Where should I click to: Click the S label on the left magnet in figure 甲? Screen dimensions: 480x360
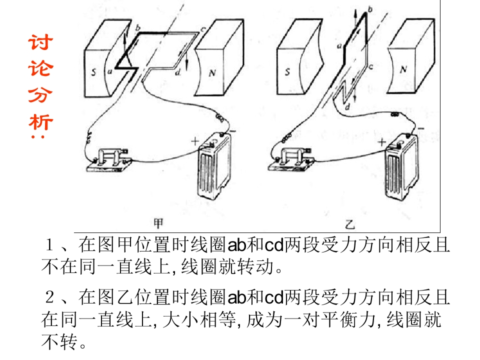tap(93, 72)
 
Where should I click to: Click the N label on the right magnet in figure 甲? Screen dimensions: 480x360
tap(212, 73)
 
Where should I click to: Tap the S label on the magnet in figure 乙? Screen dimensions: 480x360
tap(287, 71)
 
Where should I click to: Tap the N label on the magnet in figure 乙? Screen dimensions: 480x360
tap(403, 69)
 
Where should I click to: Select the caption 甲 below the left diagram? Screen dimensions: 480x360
tap(158, 223)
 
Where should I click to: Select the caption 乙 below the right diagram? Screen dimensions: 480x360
tap(349, 225)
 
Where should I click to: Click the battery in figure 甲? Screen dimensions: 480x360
tap(214, 166)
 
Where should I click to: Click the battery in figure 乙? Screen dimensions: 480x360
tap(401, 167)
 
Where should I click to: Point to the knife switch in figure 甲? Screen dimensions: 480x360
tap(109, 160)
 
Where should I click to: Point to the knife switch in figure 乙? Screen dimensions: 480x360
tap(291, 159)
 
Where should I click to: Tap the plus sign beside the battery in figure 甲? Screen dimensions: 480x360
tap(194, 141)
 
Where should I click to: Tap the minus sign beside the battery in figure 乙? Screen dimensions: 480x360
tap(421, 128)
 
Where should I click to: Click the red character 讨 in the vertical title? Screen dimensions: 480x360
tap(40, 42)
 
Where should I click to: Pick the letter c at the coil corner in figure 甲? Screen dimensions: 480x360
tap(202, 29)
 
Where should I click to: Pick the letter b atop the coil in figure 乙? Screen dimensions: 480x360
tap(370, 9)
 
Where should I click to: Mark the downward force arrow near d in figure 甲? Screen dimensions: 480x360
tap(186, 60)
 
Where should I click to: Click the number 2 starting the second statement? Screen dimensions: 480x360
tap(49, 297)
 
